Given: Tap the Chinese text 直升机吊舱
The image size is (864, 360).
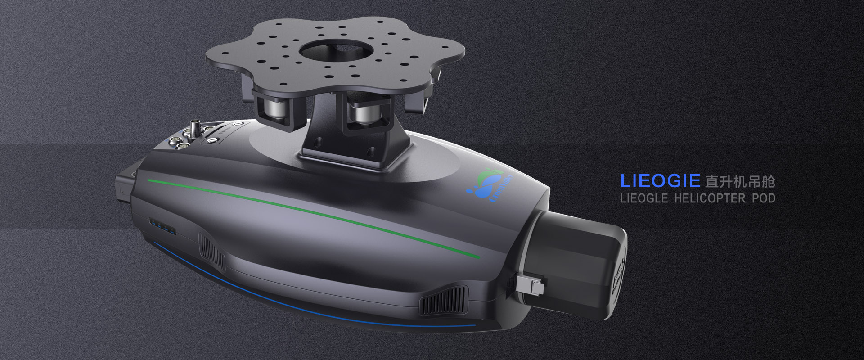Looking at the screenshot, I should click(740, 182).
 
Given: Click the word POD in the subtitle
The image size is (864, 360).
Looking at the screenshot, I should click(763, 198).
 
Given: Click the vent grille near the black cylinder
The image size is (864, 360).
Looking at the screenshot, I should click(444, 301).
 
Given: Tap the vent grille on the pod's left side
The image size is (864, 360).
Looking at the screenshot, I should click(211, 252).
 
